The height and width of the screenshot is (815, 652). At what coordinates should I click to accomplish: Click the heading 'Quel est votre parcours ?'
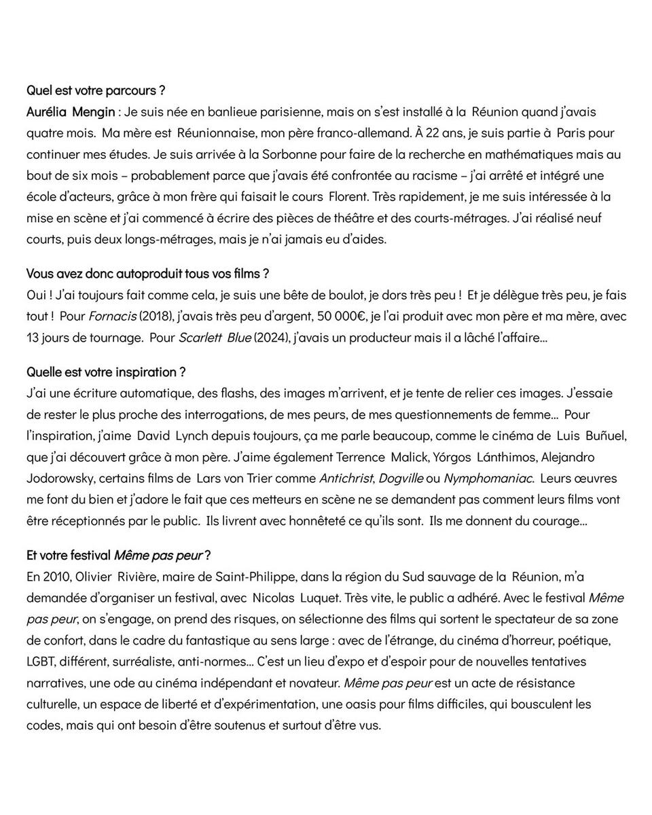pyautogui.click(x=96, y=90)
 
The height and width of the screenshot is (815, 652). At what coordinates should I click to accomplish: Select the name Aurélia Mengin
pyautogui.click(x=71, y=111)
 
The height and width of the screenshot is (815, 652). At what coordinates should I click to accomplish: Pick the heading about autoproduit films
pyautogui.click(x=147, y=274)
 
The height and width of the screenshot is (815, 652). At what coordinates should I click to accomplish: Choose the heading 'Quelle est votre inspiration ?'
pyautogui.click(x=106, y=372)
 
